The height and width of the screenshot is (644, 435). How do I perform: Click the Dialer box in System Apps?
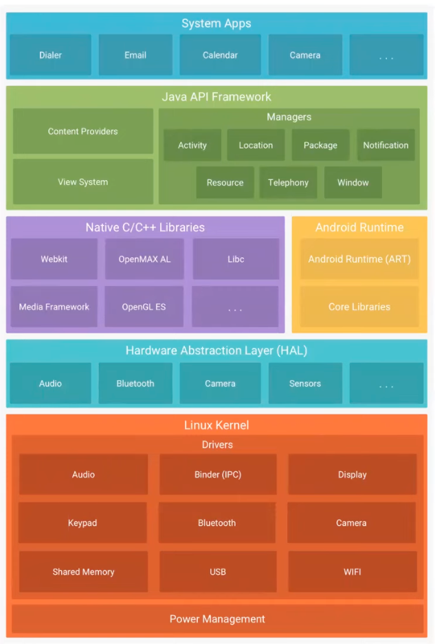(x=51, y=54)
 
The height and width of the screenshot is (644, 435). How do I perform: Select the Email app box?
(x=135, y=54)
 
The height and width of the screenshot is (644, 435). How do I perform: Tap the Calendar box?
(x=220, y=54)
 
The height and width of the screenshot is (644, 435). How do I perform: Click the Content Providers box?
(x=83, y=131)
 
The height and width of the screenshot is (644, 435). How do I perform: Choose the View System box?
(x=83, y=181)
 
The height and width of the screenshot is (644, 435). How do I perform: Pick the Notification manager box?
(x=386, y=145)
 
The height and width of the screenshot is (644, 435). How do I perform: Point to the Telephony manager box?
(x=289, y=182)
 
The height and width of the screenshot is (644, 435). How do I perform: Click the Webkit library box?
(x=54, y=259)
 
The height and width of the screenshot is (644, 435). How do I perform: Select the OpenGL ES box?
(x=144, y=307)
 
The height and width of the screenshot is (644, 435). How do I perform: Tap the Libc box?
(x=236, y=259)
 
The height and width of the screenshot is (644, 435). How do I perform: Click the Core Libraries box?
(x=359, y=307)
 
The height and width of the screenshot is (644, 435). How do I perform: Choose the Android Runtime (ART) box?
(x=359, y=259)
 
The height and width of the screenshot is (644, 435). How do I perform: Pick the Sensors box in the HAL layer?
(x=305, y=384)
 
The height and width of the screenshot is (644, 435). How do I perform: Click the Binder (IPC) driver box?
(x=218, y=474)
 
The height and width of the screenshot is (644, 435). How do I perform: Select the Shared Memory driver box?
(x=83, y=572)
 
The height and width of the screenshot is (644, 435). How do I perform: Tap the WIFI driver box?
(x=353, y=572)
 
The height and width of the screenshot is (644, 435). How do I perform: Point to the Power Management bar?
(x=217, y=619)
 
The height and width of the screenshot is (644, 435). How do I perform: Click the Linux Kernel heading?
(x=216, y=425)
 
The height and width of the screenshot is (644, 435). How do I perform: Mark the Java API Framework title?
(x=216, y=97)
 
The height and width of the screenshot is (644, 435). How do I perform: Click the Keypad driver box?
(x=82, y=523)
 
